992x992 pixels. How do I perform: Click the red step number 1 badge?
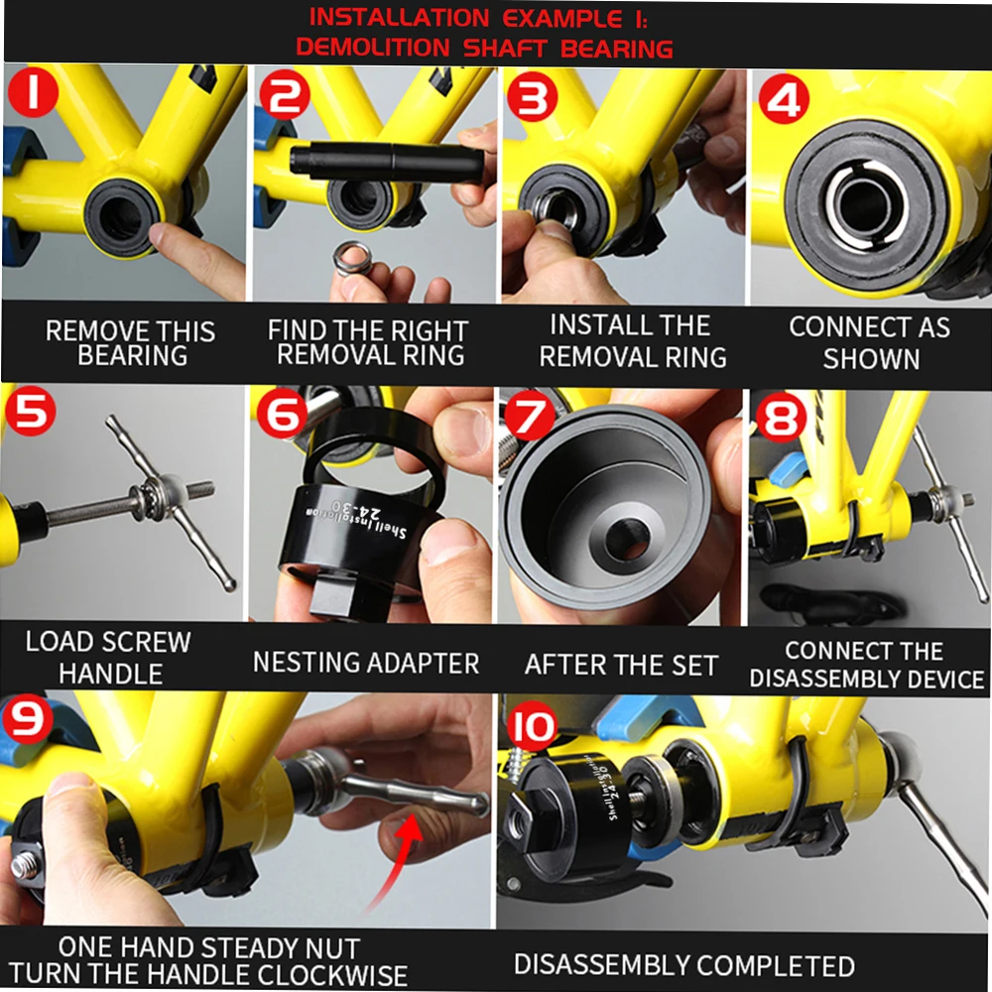click(x=33, y=92)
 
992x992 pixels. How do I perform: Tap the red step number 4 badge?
click(x=784, y=99)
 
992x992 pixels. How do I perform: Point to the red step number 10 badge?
click(x=532, y=727)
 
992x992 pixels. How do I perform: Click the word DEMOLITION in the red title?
click(x=373, y=47)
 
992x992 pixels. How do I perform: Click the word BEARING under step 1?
click(x=133, y=355)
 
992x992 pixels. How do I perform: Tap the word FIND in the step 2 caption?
click(x=296, y=330)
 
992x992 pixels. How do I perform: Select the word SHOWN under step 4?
click(x=871, y=359)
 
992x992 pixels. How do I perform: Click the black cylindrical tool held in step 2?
click(x=387, y=162)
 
